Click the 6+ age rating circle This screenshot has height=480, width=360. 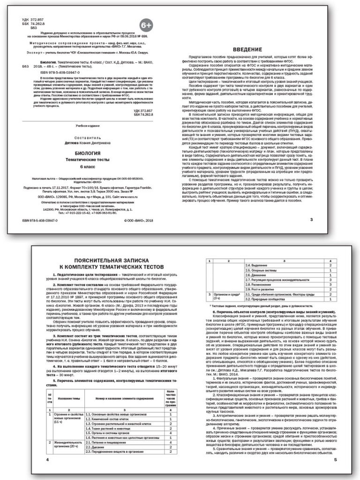pyautogui.click(x=146, y=24)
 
